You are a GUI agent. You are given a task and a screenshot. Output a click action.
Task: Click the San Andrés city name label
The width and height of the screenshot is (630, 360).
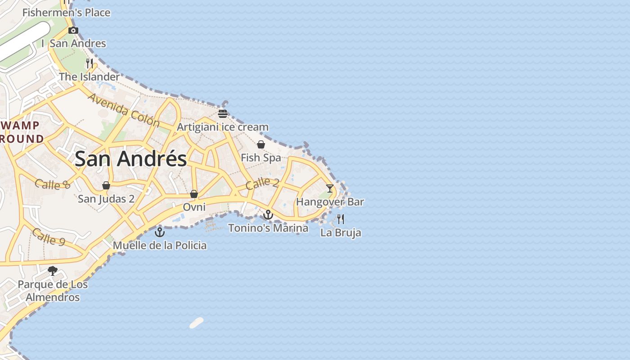point(130,159)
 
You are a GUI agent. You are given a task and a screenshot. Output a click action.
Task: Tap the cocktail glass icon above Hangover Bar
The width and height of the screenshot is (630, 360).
point(330,189)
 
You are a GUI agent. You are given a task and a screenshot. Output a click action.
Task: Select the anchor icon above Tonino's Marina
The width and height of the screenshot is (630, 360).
point(268,215)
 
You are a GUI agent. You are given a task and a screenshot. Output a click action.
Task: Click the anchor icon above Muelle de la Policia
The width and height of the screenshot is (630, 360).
point(160,232)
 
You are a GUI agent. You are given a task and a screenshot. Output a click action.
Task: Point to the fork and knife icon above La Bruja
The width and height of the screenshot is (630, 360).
point(341,219)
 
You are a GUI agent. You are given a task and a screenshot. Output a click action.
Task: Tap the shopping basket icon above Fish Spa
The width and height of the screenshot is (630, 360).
point(261,144)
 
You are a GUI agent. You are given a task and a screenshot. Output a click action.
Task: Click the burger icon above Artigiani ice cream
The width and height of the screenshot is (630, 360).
point(223,113)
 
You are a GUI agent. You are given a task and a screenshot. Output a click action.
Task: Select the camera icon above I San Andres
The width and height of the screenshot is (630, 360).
point(73,31)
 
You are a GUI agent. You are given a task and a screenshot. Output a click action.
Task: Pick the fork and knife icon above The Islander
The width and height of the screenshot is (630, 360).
point(90,63)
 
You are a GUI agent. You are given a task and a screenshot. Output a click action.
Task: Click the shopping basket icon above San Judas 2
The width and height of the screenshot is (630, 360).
point(106,185)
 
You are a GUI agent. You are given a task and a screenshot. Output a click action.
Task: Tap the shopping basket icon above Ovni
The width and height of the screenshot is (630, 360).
point(194,194)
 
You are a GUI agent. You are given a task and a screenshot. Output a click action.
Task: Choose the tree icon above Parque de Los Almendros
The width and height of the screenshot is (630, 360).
point(53,270)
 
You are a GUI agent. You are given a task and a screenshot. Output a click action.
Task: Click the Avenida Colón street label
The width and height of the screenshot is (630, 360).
point(124,110)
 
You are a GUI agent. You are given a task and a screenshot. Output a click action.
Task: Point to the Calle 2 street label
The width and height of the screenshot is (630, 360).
point(263,183)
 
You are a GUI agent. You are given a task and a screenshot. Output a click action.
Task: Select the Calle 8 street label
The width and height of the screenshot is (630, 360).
point(53,184)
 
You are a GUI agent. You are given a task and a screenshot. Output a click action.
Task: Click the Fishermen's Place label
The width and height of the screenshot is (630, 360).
point(66,13)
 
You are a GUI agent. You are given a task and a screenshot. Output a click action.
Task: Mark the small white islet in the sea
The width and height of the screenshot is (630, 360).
point(197,323)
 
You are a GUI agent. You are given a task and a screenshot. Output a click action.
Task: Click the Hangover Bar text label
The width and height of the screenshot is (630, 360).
point(330,202)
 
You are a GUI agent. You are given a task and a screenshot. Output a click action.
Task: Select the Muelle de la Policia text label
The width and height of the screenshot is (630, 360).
point(160,245)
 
